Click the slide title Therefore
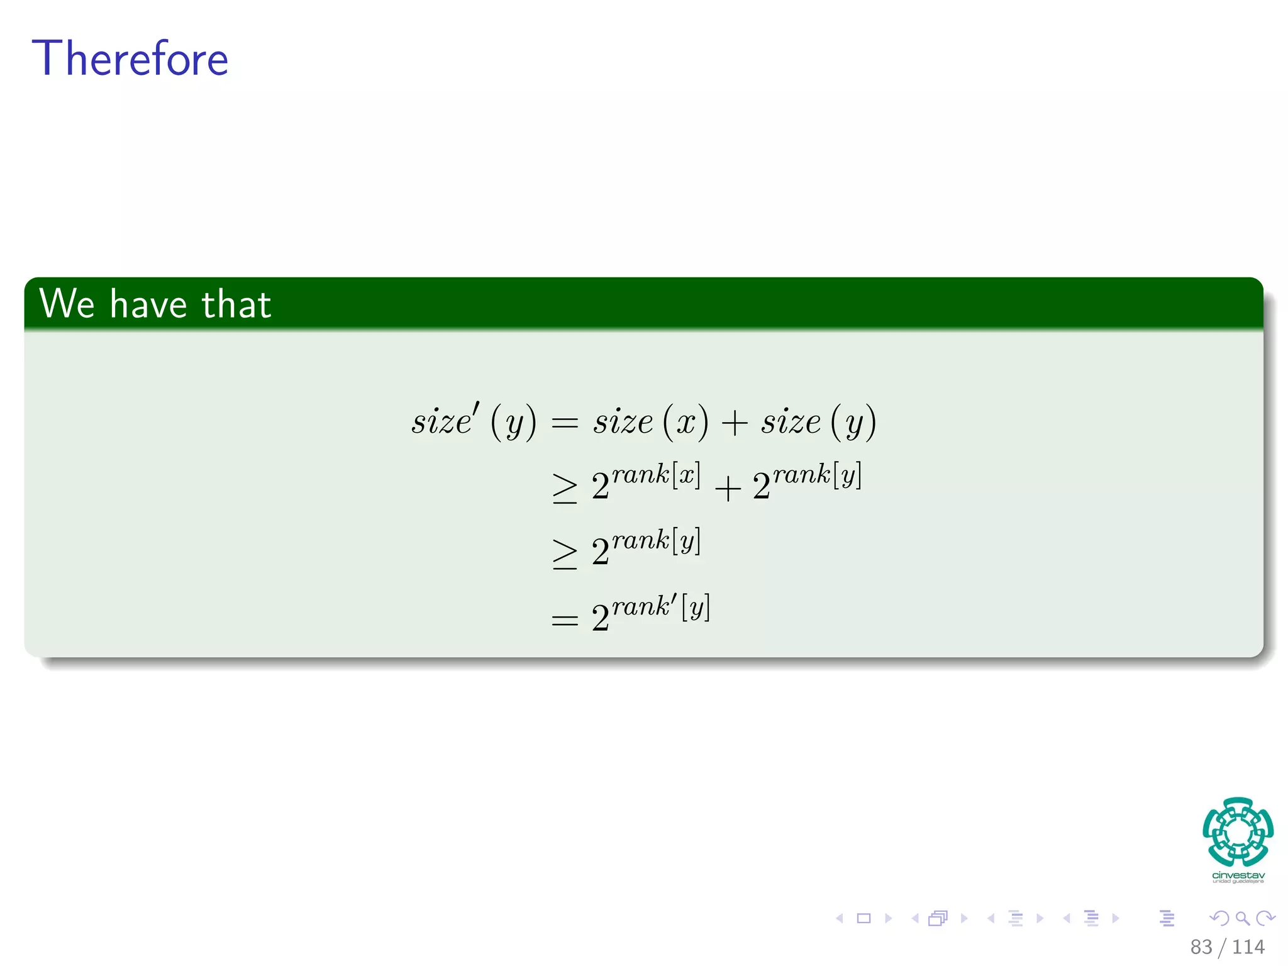(130, 58)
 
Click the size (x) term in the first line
(650, 421)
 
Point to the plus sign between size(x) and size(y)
(734, 423)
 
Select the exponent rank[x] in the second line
(656, 475)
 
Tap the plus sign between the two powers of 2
(728, 489)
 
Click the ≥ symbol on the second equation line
(564, 489)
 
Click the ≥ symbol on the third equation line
(564, 554)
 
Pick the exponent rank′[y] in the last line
(661, 607)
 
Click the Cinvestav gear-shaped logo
(1238, 831)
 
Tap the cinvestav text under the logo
(1238, 875)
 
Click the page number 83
(1201, 947)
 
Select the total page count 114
(1248, 947)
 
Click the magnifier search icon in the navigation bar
(1242, 918)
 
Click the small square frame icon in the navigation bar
(863, 918)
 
